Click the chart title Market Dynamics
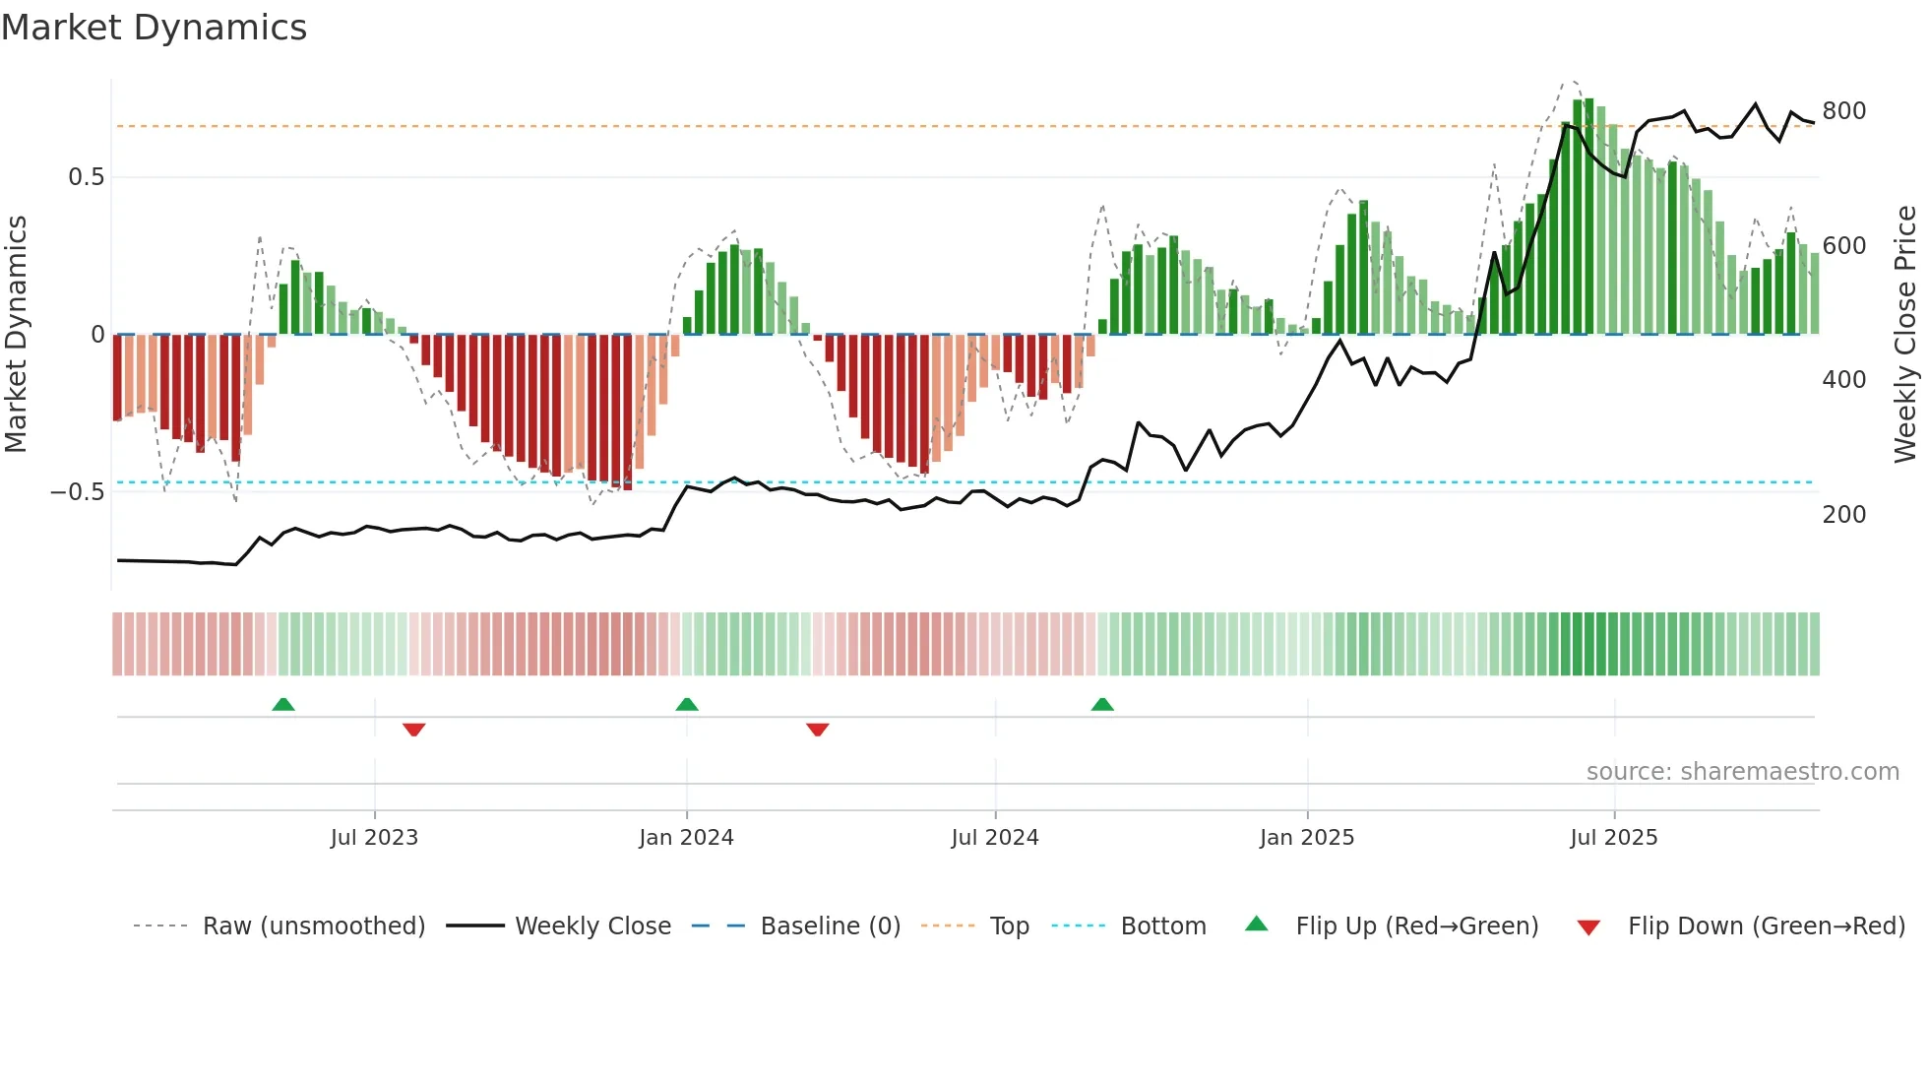click(x=154, y=28)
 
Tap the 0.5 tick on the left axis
click(x=87, y=177)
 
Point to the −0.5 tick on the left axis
click(x=78, y=492)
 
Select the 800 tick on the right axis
click(x=1843, y=111)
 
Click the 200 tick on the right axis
click(x=1843, y=515)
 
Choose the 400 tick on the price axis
click(x=1843, y=380)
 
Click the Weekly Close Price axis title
click(x=1905, y=335)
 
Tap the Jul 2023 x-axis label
click(x=374, y=838)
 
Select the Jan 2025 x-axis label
click(x=1307, y=838)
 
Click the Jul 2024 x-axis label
click(x=995, y=838)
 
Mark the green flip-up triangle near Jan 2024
click(x=687, y=704)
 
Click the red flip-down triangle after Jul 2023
click(x=413, y=730)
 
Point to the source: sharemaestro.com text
click(x=1742, y=772)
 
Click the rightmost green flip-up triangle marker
click(x=1102, y=704)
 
